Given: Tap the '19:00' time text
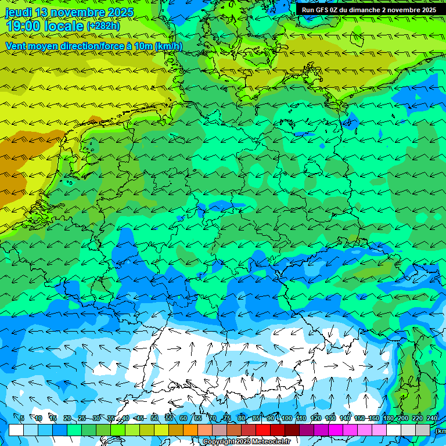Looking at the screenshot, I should [24, 26].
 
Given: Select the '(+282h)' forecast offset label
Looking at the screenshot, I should [103, 26].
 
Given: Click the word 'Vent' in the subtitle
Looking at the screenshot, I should [17, 46].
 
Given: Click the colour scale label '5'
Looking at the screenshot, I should [22, 418].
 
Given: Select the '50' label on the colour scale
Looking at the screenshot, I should [154, 418].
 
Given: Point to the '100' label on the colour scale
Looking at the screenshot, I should [287, 418].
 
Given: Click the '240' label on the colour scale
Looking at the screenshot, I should [432, 418].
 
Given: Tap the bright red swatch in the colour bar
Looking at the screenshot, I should [263, 430].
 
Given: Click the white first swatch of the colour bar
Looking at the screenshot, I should [16, 430].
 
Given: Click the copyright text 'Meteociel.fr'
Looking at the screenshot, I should [271, 442].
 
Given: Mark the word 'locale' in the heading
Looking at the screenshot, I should [65, 26].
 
